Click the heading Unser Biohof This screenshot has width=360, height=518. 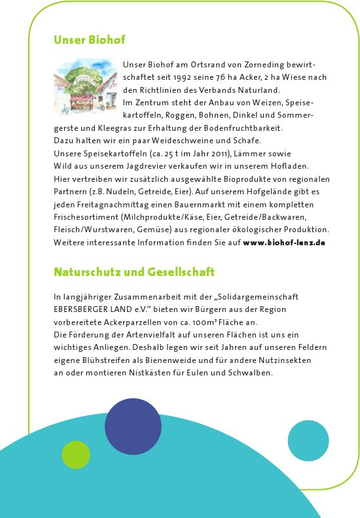[x=89, y=40]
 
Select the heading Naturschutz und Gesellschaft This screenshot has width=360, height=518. [x=134, y=271]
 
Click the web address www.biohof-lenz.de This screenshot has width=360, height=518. [x=284, y=243]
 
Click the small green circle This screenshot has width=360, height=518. [x=76, y=455]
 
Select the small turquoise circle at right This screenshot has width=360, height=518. [x=308, y=440]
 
